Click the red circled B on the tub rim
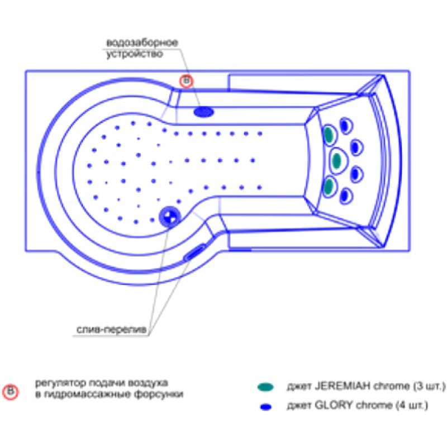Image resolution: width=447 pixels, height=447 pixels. point(187,81)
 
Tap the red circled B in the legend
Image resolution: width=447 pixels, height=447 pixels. point(11,392)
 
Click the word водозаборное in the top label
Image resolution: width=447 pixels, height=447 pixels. point(142,43)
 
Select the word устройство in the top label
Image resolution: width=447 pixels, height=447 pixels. point(135,54)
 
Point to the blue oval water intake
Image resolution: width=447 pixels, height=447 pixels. point(203,112)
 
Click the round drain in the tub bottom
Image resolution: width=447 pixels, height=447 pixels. point(170,217)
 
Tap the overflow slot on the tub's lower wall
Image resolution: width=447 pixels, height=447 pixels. point(194,253)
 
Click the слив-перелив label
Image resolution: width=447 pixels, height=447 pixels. point(111,330)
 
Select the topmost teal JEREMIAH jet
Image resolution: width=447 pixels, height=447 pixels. point(329,135)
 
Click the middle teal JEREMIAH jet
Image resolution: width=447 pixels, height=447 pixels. point(337,160)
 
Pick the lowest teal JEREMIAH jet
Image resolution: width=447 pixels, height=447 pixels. point(329,186)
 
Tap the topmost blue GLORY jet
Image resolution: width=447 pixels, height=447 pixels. point(345,125)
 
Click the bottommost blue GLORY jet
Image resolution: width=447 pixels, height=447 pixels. point(345,196)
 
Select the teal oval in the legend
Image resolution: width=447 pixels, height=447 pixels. point(265,387)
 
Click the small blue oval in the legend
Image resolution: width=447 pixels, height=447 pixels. point(266,407)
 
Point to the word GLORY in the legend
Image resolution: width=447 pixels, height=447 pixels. point(334,405)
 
